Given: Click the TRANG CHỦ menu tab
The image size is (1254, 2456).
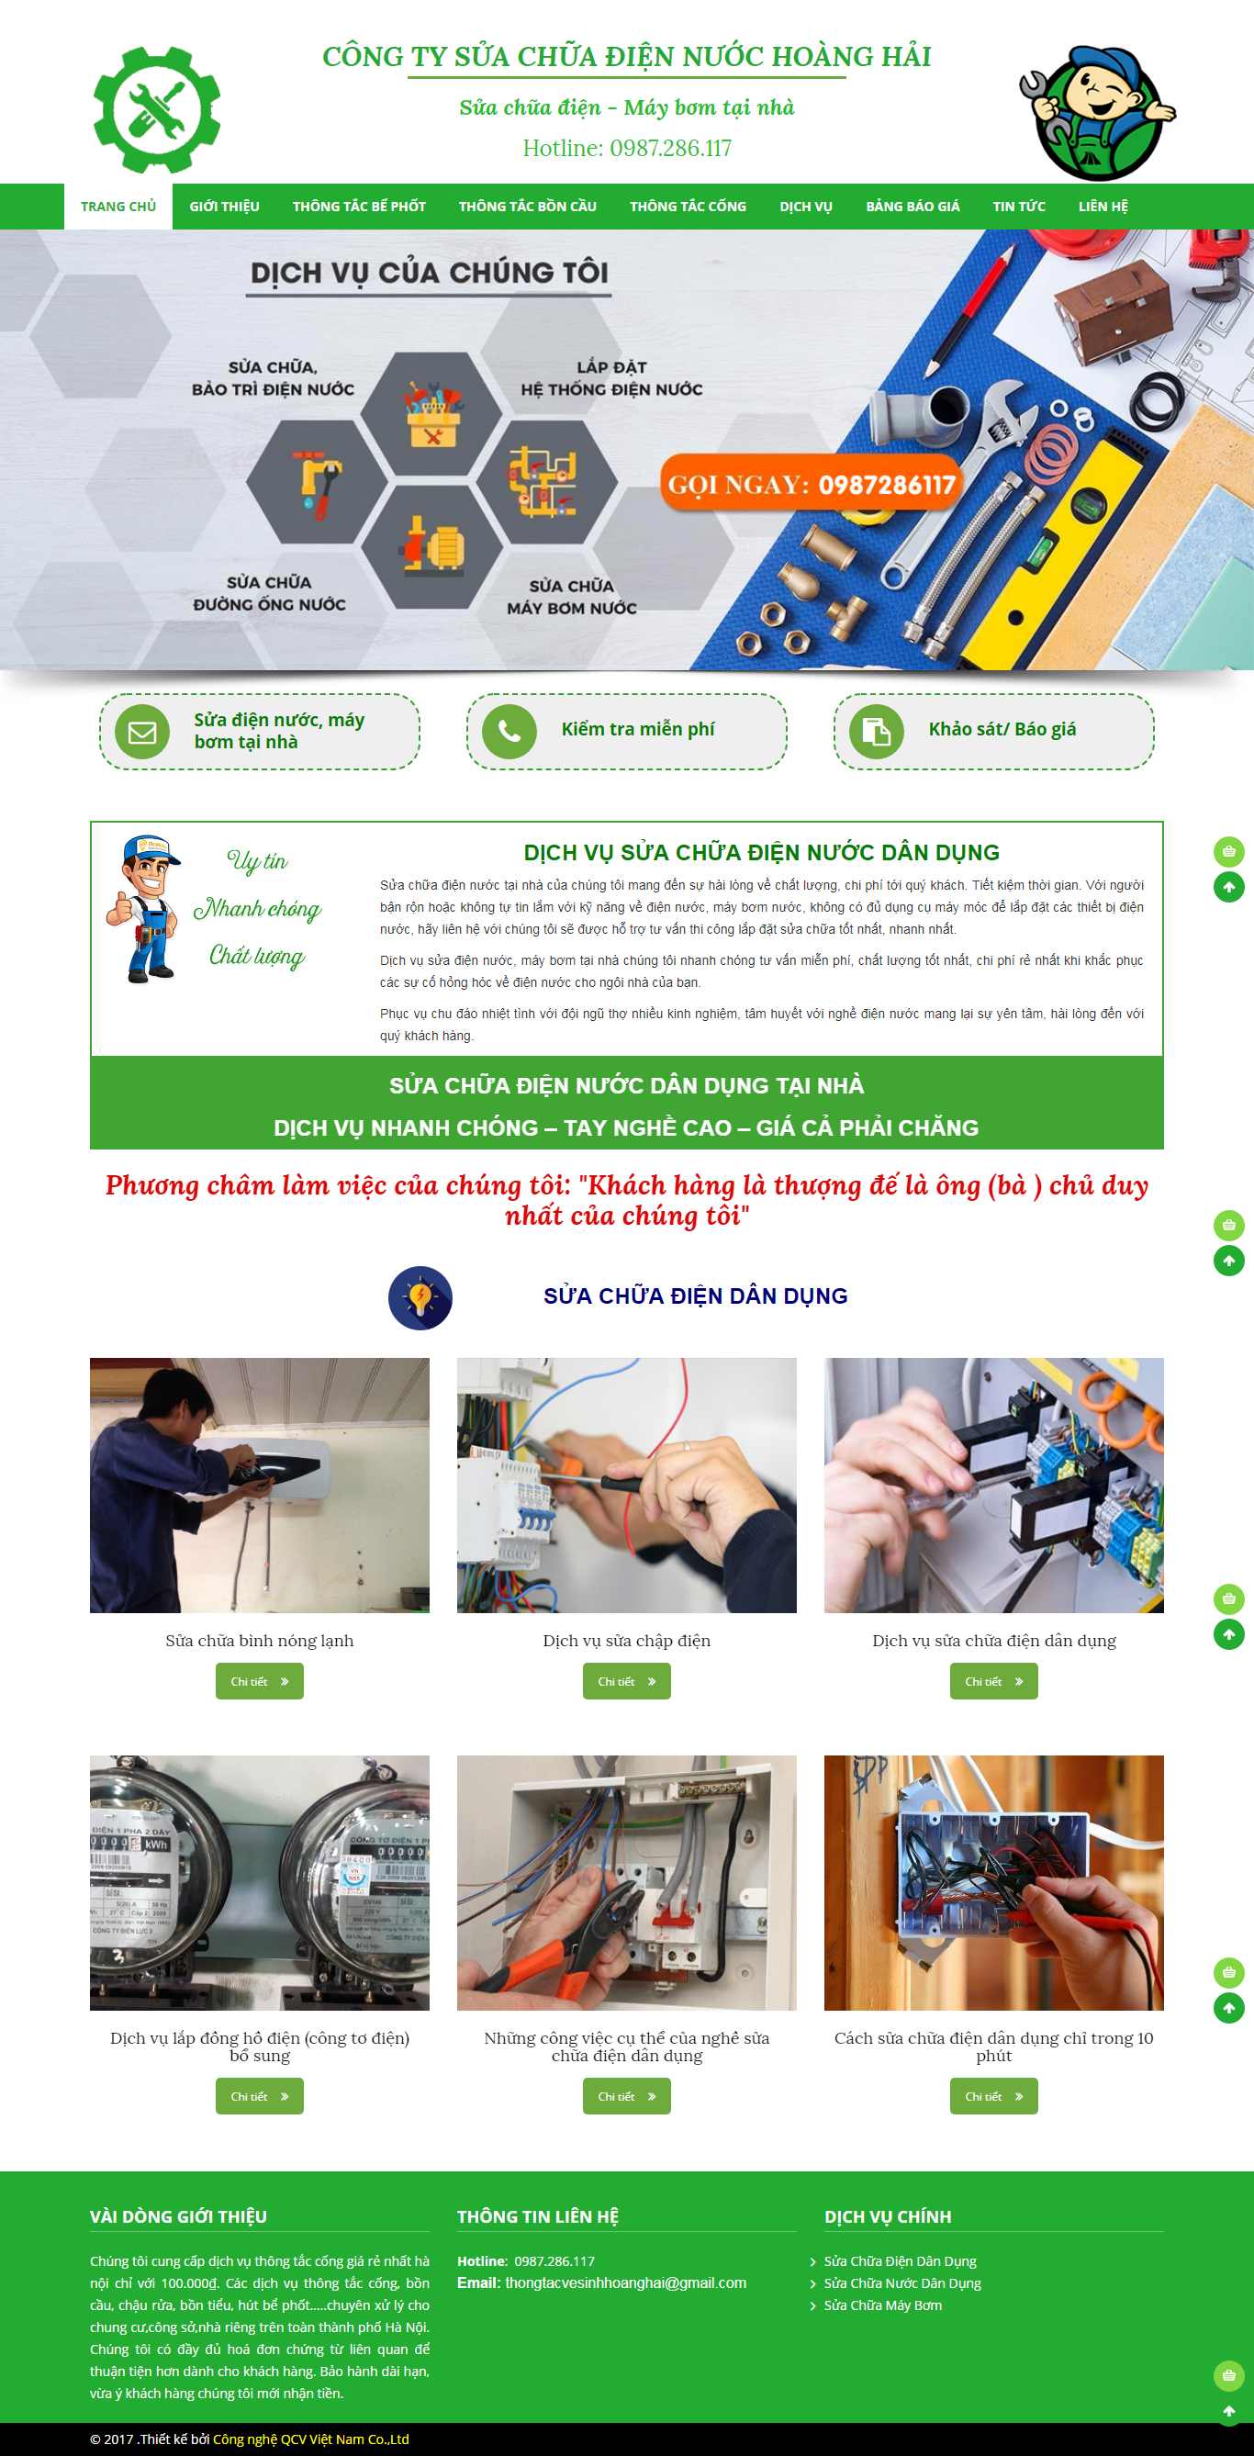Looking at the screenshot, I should click(118, 206).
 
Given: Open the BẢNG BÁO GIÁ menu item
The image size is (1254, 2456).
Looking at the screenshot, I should click(912, 206).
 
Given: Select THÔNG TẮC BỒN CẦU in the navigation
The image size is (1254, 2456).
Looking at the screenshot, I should click(527, 206).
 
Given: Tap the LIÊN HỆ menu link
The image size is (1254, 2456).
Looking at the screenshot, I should click(1103, 206).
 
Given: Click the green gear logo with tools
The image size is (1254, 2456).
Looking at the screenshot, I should click(156, 109).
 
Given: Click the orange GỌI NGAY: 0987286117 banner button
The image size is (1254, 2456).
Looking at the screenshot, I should click(811, 485).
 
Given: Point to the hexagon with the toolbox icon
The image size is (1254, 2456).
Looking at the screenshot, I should click(432, 415).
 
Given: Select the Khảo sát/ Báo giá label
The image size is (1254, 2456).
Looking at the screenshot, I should click(1002, 729).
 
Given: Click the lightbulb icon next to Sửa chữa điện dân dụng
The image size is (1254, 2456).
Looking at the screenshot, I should click(420, 1297).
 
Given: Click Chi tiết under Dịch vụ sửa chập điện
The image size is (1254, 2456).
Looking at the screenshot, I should click(626, 1681).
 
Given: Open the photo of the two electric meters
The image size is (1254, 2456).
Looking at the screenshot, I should click(260, 1882).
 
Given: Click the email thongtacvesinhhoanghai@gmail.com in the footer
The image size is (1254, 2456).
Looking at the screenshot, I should click(624, 2282).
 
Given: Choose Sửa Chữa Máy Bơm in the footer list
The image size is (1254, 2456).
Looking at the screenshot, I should click(882, 2305).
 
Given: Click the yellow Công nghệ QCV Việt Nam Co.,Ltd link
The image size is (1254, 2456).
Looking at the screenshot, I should click(311, 2439).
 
